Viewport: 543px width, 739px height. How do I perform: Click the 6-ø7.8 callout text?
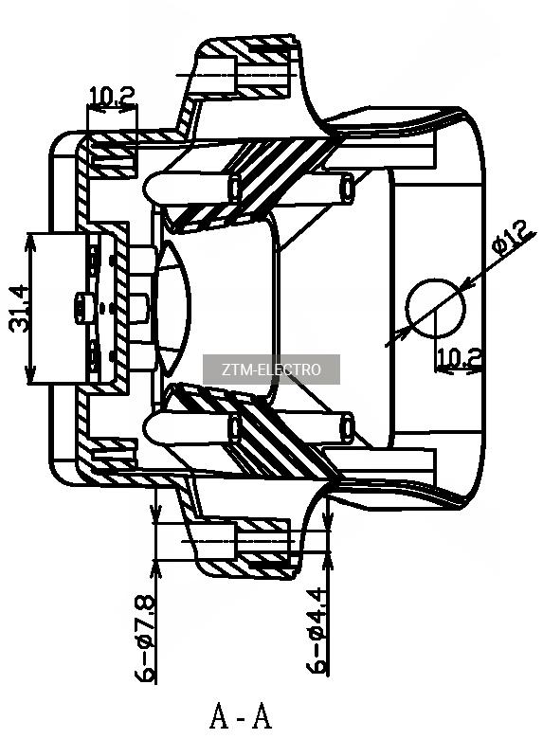tap(145, 639)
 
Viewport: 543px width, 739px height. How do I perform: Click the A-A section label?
tap(241, 715)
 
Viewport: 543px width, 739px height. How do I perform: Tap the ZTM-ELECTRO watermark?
tap(271, 369)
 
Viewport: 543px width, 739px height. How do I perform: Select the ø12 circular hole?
tap(436, 308)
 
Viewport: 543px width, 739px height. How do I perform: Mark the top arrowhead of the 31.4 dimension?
tap(30, 241)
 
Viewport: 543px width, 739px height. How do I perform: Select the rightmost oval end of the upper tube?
tap(348, 188)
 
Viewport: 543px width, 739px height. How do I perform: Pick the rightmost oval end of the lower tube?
tap(348, 425)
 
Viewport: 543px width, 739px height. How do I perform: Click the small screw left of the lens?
tap(81, 308)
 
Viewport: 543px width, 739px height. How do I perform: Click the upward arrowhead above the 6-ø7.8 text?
tap(156, 568)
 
